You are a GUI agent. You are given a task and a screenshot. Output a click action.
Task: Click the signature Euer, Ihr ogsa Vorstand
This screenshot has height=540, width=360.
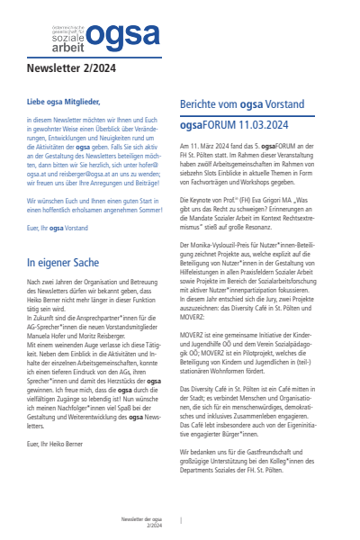click(x=54, y=230)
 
